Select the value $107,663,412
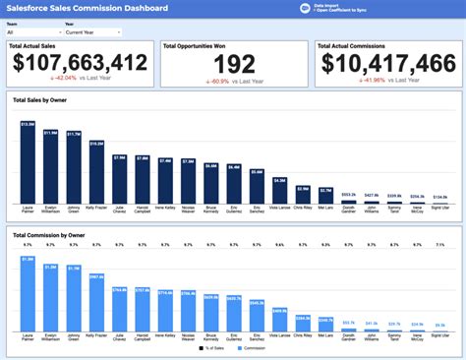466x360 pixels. [x=80, y=62]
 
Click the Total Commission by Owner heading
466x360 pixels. [x=51, y=235]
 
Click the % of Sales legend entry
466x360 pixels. [x=213, y=348]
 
